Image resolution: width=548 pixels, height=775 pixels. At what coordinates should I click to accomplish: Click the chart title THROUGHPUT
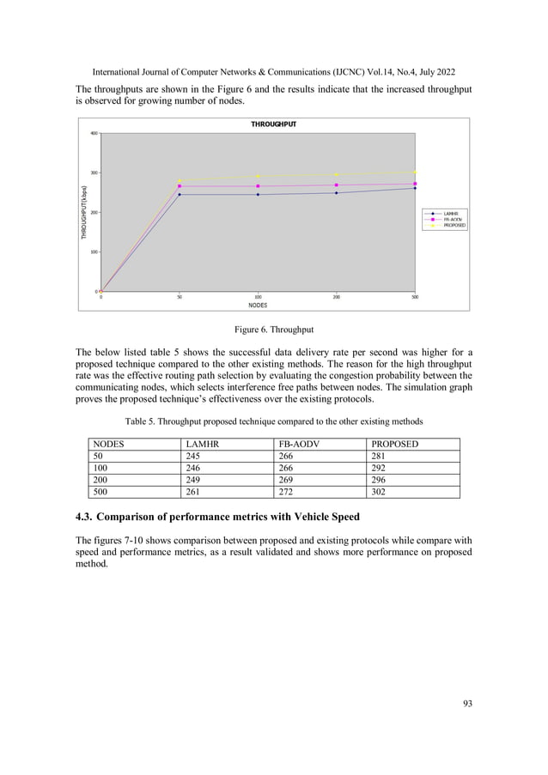point(273,124)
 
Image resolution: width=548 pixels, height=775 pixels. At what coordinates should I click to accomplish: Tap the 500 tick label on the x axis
point(415,297)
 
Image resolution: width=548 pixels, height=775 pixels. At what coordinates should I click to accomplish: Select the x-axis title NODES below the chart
point(258,305)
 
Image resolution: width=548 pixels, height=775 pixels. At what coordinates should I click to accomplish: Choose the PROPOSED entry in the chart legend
point(454,225)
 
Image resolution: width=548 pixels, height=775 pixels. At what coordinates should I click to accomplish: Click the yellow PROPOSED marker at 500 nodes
point(415,173)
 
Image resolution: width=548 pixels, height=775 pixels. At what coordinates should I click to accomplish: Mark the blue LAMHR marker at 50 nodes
point(180,195)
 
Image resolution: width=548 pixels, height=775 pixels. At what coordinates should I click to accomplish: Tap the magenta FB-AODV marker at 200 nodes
point(337,185)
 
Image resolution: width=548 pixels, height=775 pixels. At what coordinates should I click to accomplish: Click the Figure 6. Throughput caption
point(273,329)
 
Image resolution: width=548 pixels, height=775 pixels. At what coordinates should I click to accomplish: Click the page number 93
point(467,704)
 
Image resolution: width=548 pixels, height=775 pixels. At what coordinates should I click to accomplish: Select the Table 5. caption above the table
point(273,421)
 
